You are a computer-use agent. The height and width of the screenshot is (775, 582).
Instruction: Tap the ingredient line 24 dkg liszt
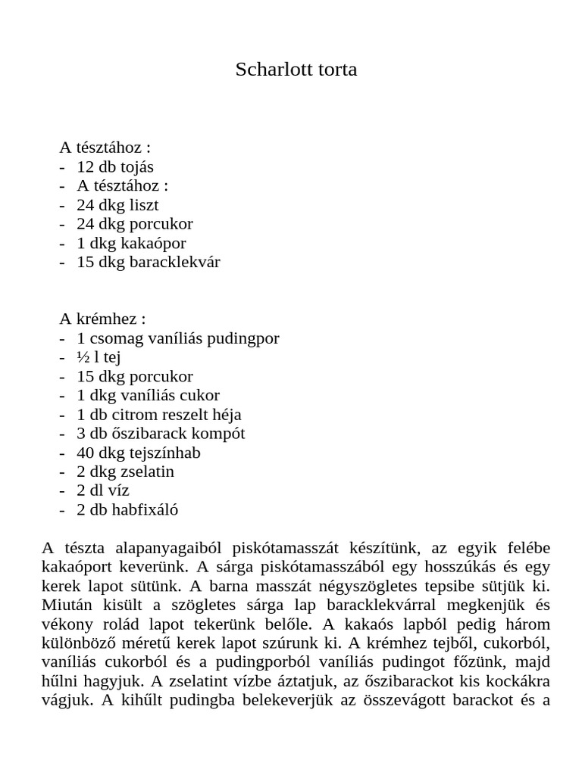[117, 204]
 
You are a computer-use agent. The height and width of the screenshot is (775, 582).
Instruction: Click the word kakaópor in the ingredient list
[157, 243]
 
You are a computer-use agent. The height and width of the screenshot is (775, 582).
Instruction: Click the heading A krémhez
[102, 319]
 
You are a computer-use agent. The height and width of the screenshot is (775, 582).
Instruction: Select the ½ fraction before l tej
[83, 357]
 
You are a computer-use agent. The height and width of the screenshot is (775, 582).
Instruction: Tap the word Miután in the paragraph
[66, 605]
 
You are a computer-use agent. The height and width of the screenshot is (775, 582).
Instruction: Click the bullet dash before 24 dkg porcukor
[62, 224]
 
